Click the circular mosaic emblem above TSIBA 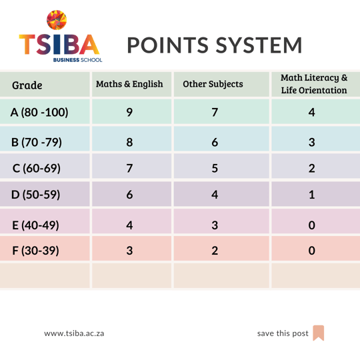coord(57,20)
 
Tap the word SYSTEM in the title coord(259,45)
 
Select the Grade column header coord(27,85)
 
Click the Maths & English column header coord(129,84)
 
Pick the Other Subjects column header coord(213,84)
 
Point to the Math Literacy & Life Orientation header coord(314,84)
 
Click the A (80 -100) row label coord(39,112)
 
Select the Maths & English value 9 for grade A coord(129,112)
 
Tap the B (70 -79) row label coord(37,142)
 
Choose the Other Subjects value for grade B coord(215,142)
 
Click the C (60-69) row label coord(37,168)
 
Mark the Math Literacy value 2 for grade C coord(312,168)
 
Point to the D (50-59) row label coord(36,195)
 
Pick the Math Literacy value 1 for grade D coord(312,195)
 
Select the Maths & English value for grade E coord(129,225)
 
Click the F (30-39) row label coord(35,251)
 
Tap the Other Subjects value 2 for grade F coord(215,251)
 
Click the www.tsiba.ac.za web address coord(74,333)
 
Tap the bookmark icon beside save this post coord(319,333)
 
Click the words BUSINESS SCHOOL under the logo coord(77,60)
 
